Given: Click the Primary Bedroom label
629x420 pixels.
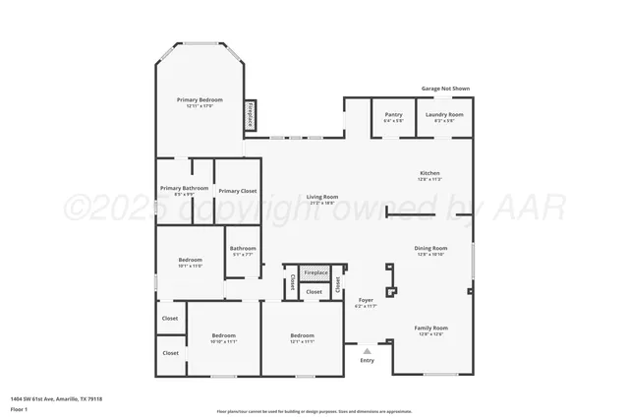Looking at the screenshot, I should click(x=200, y=100).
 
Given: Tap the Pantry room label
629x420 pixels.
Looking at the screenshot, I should click(x=394, y=114).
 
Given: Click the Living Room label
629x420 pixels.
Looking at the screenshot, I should click(x=322, y=197).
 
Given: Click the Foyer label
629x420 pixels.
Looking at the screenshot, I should click(x=366, y=300).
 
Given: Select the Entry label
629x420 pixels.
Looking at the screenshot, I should click(x=367, y=360).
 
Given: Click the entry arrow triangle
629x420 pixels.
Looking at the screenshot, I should click(x=367, y=349).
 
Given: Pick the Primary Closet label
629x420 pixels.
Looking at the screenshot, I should click(x=237, y=191).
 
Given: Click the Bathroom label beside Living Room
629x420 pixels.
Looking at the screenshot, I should click(x=243, y=248).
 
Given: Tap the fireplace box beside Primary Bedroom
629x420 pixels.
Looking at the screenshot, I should click(x=250, y=116).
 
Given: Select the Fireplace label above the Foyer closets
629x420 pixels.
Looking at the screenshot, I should click(x=315, y=272).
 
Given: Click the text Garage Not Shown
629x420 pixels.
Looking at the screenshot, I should click(x=446, y=89).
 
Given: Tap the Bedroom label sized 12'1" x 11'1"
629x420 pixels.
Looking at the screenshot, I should click(x=302, y=335).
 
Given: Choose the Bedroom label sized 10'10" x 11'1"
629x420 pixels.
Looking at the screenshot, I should click(x=223, y=335).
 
